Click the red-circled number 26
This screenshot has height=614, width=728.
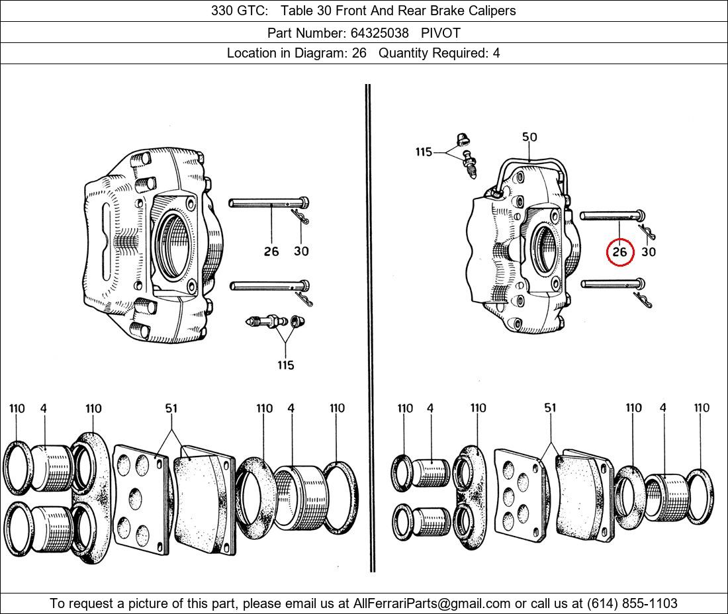point(619,252)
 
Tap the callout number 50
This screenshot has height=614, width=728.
point(529,138)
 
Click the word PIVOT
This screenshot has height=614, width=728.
point(441,32)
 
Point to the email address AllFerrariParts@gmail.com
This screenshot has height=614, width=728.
point(432,603)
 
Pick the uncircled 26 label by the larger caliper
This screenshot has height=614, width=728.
point(271,251)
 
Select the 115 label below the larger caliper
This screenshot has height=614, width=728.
point(285,365)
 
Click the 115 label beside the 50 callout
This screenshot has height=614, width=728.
point(424,152)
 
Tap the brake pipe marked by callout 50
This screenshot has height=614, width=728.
point(533,161)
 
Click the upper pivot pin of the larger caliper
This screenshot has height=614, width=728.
point(265,203)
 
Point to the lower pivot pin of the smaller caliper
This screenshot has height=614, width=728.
point(609,285)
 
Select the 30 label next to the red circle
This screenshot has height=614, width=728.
point(649,252)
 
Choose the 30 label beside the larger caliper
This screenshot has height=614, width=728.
point(301,251)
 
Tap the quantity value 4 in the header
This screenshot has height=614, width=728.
point(496,54)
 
